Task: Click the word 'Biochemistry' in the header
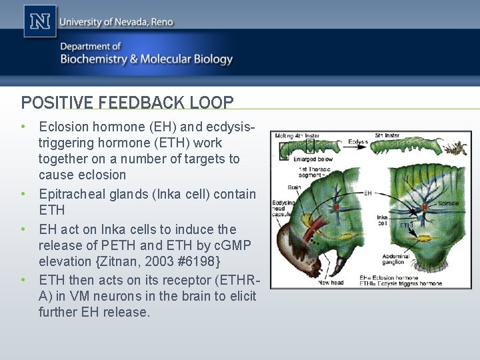(93, 59)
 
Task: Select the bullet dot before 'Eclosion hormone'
(23, 125)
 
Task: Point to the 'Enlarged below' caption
(310, 160)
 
